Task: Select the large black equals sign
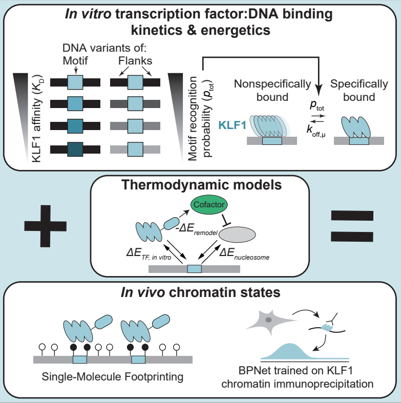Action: click(353, 228)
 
